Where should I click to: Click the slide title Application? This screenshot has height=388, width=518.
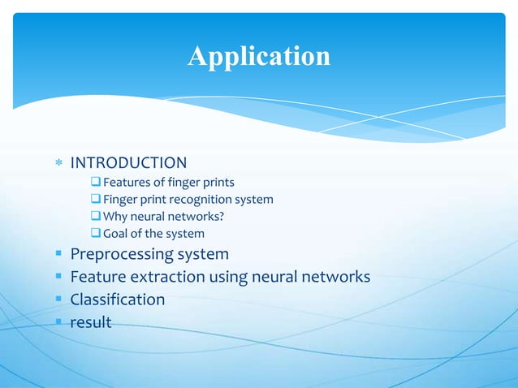(259, 56)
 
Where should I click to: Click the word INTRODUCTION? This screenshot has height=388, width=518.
(128, 163)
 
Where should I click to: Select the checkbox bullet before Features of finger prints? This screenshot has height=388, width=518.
(95, 182)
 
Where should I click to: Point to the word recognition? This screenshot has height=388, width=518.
(200, 199)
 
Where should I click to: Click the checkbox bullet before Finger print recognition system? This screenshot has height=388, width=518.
(95, 199)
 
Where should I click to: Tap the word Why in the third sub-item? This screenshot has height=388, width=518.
(116, 216)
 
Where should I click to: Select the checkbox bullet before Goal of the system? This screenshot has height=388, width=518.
(95, 234)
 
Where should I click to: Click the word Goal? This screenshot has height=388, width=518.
(117, 234)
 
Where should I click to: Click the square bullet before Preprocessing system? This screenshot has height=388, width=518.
(58, 254)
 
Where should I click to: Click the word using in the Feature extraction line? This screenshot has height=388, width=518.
(229, 277)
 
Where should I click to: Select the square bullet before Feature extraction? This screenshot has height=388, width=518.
(58, 277)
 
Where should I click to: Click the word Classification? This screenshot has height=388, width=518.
(118, 300)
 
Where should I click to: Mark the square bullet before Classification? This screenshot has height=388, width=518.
(58, 300)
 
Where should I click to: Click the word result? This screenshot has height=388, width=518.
(91, 322)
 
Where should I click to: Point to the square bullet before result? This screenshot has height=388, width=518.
(58, 322)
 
